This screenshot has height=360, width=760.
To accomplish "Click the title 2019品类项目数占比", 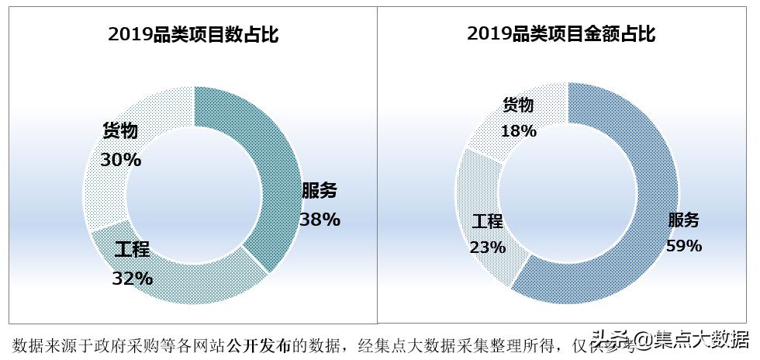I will click(192, 34).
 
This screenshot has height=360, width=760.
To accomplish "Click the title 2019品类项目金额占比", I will click(561, 34).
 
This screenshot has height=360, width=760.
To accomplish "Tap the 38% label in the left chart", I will click(320, 220).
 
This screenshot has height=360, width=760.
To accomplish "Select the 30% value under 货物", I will click(121, 160).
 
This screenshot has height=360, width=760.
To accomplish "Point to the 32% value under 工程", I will click(132, 278).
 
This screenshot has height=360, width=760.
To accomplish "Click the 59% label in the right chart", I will click(684, 246).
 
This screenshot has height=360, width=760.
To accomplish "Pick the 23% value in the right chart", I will click(487, 247).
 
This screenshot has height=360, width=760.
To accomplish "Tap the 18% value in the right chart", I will click(518, 131).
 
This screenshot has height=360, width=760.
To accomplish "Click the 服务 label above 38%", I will click(320, 192).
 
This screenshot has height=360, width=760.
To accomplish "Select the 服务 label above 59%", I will click(684, 220).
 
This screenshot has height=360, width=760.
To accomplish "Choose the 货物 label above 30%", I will click(121, 131).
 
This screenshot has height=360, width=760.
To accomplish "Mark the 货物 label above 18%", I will click(518, 105).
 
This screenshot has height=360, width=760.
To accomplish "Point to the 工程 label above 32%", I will click(132, 250).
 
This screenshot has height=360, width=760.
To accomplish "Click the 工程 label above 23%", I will click(487, 221).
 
